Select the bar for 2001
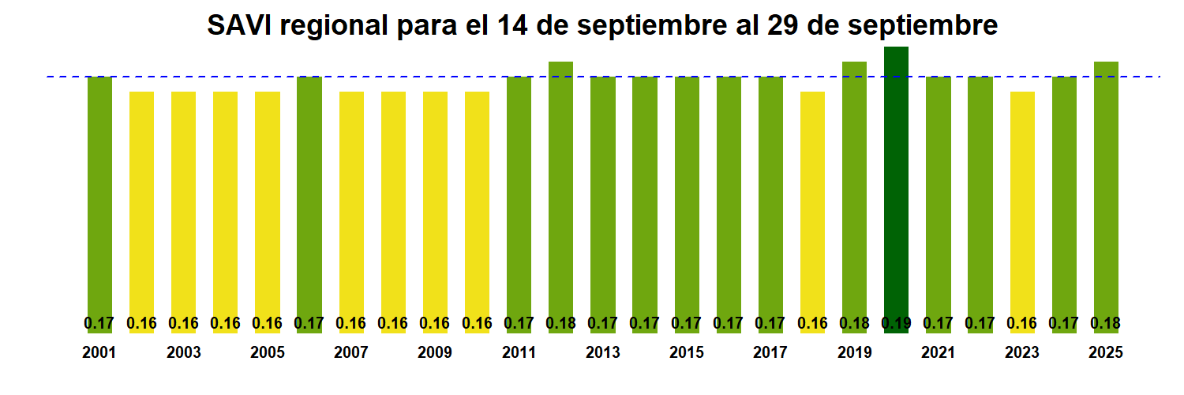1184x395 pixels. pyautogui.click(x=99, y=197)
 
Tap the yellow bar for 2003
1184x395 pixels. pyautogui.click(x=183, y=205)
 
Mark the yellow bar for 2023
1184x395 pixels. pyautogui.click(x=1022, y=205)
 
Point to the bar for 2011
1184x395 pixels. pyautogui.click(x=519, y=197)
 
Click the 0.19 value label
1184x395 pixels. pyautogui.click(x=896, y=323)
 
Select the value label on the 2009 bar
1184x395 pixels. pyautogui.click(x=435, y=323)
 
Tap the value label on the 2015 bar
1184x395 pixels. pyautogui.click(x=687, y=323)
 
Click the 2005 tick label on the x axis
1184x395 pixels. pyautogui.click(x=268, y=353)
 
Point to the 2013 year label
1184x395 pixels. pyautogui.click(x=603, y=353)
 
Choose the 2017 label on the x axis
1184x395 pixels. pyautogui.click(x=770, y=353)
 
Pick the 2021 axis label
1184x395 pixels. pyautogui.click(x=938, y=353)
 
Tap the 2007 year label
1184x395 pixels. pyautogui.click(x=351, y=353)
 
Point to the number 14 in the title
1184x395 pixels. pyautogui.click(x=514, y=26)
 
